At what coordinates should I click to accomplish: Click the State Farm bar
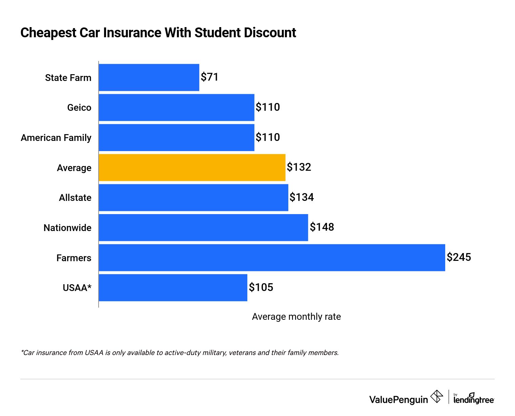149,78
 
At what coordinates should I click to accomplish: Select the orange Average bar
192,168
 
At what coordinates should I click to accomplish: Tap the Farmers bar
272,258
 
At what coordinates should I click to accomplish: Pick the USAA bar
173,288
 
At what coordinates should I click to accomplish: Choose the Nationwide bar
203,228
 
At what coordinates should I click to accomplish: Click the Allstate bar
193,197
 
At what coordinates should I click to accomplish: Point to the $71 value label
209,77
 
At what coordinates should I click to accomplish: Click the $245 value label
459,257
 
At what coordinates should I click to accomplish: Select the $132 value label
299,167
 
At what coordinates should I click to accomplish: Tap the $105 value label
261,287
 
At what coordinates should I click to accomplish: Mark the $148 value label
322,227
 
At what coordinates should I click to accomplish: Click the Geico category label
79,108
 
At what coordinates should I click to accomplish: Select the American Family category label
56,138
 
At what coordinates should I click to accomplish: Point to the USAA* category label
77,288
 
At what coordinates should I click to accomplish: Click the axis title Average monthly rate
296,317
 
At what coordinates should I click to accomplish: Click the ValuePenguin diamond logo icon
436,396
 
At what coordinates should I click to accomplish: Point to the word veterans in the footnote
242,353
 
